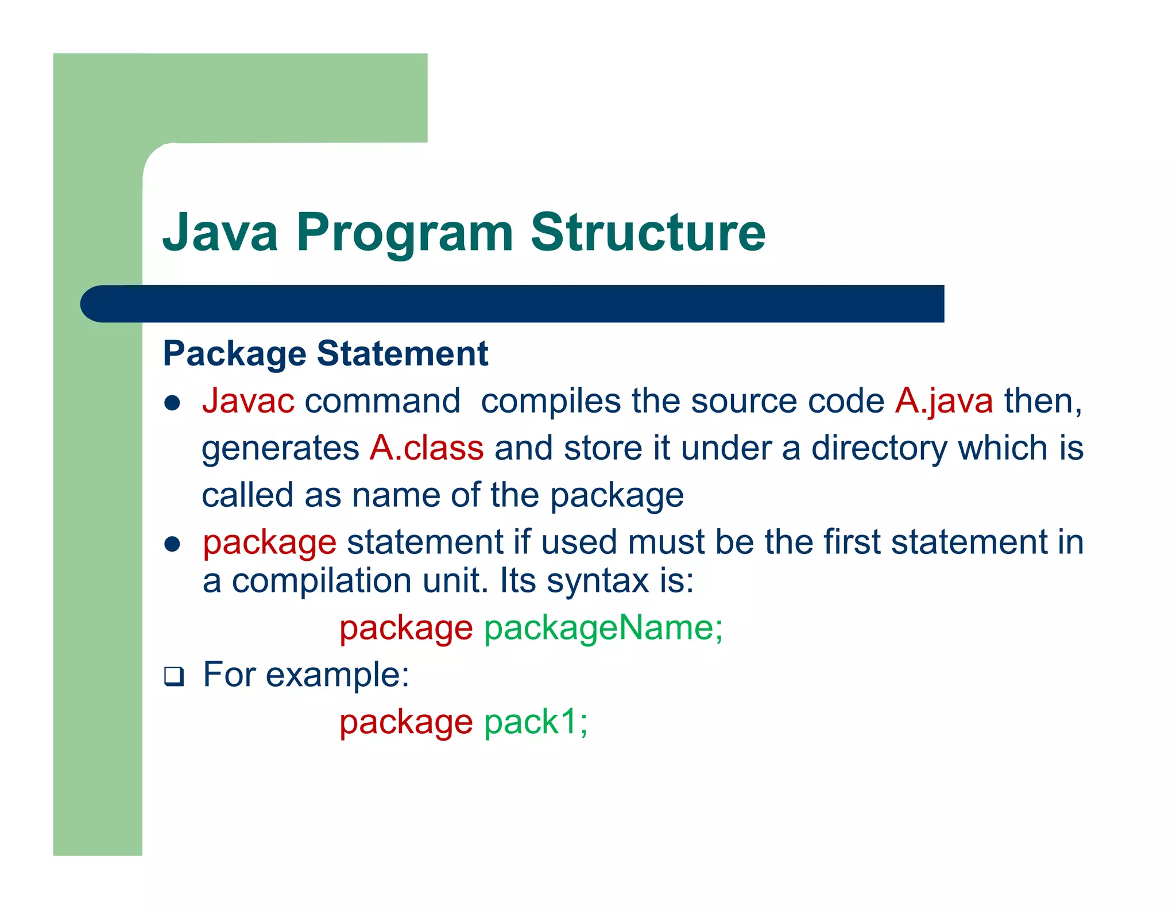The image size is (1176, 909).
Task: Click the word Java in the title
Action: click(x=220, y=232)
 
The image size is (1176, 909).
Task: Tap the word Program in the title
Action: click(x=404, y=232)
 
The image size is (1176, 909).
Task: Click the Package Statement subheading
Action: click(x=326, y=353)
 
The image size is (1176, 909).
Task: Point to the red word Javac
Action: click(x=248, y=400)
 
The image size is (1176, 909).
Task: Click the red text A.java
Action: click(x=943, y=400)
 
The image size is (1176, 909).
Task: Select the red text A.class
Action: click(x=426, y=448)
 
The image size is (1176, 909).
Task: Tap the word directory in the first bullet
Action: click(x=879, y=449)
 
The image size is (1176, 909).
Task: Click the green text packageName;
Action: click(x=603, y=627)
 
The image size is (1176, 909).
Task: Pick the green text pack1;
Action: click(x=536, y=722)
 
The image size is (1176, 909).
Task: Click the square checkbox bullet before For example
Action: click(x=173, y=676)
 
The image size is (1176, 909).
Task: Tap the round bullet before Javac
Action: click(x=172, y=403)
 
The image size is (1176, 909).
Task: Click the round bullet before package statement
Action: click(x=172, y=544)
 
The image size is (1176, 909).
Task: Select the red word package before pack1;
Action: click(x=405, y=723)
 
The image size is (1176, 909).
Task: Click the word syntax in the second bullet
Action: click(x=597, y=581)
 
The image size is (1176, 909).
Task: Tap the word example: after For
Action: click(x=337, y=675)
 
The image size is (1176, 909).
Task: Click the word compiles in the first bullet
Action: click(x=550, y=402)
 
